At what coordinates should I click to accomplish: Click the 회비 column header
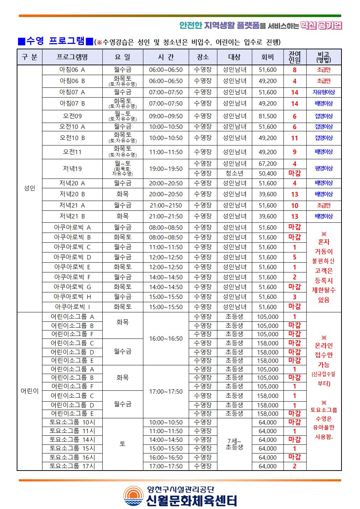(267, 57)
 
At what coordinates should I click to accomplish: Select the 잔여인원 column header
(294, 57)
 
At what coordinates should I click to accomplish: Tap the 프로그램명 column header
(72, 57)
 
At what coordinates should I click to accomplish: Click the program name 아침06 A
(72, 70)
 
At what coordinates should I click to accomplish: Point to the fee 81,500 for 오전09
(267, 116)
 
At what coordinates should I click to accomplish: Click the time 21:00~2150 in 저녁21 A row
(166, 205)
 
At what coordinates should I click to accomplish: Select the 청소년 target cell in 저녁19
(234, 173)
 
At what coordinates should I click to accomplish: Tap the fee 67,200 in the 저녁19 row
(267, 164)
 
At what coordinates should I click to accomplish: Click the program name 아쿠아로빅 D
(72, 257)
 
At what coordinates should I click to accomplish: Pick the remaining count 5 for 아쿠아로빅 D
(294, 257)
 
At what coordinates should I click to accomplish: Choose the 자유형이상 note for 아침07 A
(323, 92)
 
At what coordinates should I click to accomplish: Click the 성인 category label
(29, 188)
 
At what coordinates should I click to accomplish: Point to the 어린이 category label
(29, 391)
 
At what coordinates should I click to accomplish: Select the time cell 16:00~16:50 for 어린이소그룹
(166, 338)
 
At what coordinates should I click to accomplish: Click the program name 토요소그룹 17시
(72, 466)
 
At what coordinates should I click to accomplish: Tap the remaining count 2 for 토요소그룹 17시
(294, 466)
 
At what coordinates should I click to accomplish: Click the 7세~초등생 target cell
(234, 444)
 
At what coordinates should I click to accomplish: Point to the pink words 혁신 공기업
(322, 25)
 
